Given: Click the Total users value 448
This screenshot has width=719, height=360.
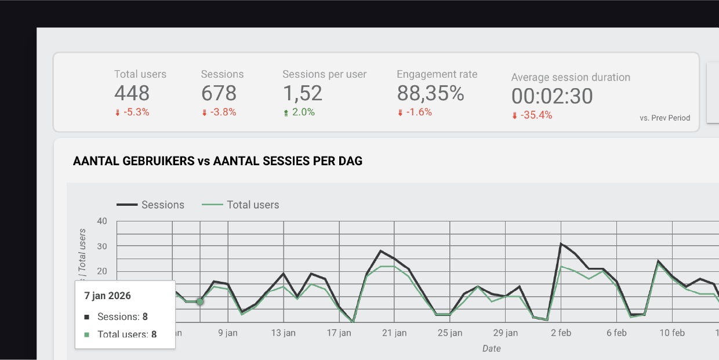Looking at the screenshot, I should pos(132,93).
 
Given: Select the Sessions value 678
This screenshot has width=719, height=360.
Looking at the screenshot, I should pos(219,93).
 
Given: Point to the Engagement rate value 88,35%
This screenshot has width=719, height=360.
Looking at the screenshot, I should pos(430,93).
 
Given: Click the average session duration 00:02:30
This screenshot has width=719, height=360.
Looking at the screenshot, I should pos(552,96).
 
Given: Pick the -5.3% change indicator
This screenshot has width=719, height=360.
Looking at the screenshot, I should pos(132,112).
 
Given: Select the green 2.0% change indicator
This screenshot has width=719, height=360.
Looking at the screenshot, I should pos(299,112).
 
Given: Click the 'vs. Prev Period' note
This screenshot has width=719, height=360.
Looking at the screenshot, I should pos(664,118).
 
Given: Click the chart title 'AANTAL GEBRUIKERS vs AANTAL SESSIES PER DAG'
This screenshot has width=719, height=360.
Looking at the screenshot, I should pos(217,161).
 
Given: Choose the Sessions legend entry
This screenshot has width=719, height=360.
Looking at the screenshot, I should pos(151,205).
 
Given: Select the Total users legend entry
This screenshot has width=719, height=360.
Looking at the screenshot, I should pos(241,205).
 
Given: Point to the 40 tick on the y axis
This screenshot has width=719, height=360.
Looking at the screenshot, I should pos(102,221).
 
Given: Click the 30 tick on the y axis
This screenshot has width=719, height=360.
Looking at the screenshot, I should pos(102,246).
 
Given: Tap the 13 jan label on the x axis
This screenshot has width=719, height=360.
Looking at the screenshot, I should pos(284,333).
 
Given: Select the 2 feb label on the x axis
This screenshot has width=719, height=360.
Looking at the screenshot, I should pos(561,333).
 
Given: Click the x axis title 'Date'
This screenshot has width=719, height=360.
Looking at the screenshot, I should pos(491,348).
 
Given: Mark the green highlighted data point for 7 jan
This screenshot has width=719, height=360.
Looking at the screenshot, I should pos(200,301).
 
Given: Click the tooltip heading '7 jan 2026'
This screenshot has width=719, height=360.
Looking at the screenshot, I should pos(108,296).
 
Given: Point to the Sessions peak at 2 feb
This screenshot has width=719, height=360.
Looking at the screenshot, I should pos(561,243).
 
